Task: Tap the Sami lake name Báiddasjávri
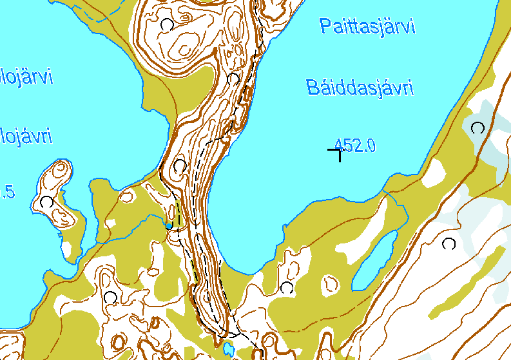tap(360, 88)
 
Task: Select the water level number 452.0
tap(355, 146)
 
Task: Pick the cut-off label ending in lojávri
tap(26, 137)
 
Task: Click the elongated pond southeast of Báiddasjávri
tap(374, 261)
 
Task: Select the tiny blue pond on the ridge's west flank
tap(169, 225)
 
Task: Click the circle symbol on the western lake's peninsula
tap(46, 202)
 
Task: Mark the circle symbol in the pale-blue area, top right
tap(477, 128)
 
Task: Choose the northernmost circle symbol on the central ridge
tap(167, 24)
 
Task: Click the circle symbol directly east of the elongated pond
tap(448, 243)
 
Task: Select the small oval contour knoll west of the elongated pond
tap(331, 283)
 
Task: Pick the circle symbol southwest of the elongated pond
tap(287, 287)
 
